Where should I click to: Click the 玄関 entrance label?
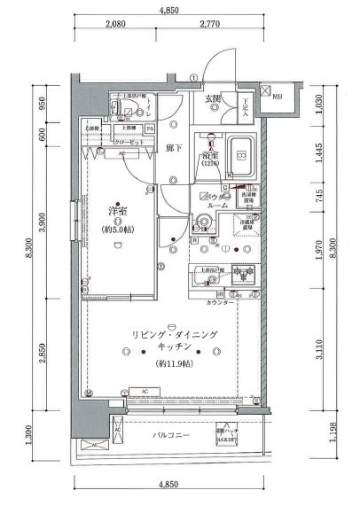point(214,98)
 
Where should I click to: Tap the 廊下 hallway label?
point(174,149)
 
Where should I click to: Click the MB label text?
point(278,97)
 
